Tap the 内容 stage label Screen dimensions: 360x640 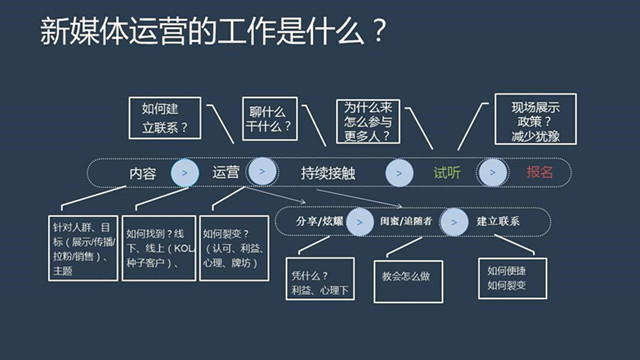(142, 173)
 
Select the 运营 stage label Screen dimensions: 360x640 (226, 172)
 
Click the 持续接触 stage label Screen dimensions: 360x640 (329, 173)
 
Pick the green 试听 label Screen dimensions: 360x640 (446, 173)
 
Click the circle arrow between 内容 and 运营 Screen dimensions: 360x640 (184, 173)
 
